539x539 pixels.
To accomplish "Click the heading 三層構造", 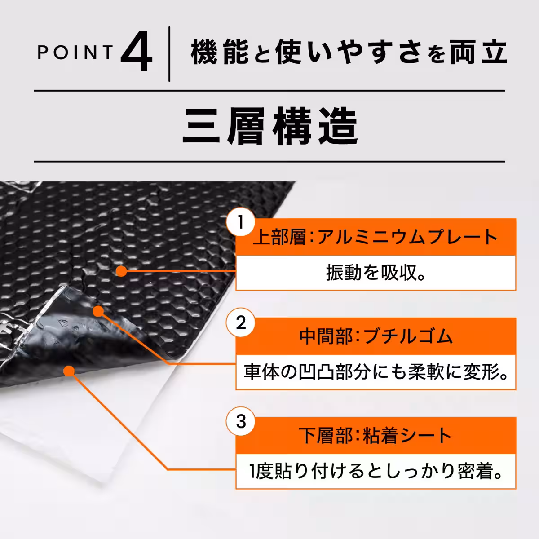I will [269, 126].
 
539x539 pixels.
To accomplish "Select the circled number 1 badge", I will [241, 222].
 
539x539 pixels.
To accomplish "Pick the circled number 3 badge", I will [241, 422].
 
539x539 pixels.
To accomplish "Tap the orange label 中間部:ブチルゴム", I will [376, 336].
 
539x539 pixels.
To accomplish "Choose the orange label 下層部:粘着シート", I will [376, 436].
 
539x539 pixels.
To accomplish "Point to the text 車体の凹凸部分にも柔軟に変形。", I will [376, 373].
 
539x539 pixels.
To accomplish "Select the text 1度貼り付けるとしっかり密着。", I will [376, 472].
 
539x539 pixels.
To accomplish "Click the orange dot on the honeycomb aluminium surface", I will [120, 271].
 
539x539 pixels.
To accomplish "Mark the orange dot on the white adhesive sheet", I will [69, 371].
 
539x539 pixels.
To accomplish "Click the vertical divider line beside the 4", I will [169, 54].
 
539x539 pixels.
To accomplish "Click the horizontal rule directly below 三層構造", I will [269, 161].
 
